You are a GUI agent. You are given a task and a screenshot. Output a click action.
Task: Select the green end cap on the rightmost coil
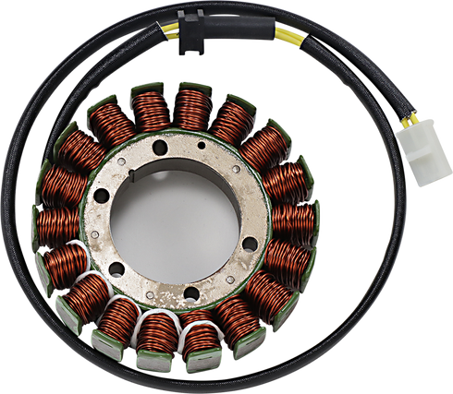(316, 221)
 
